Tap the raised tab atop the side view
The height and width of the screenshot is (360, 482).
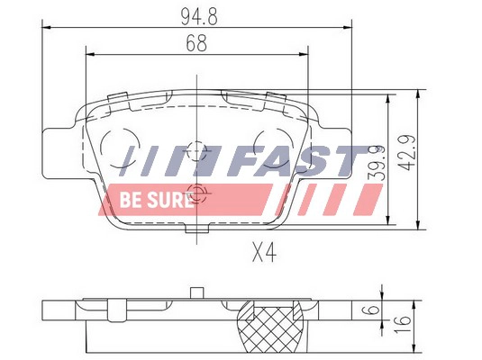pos(196,291)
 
